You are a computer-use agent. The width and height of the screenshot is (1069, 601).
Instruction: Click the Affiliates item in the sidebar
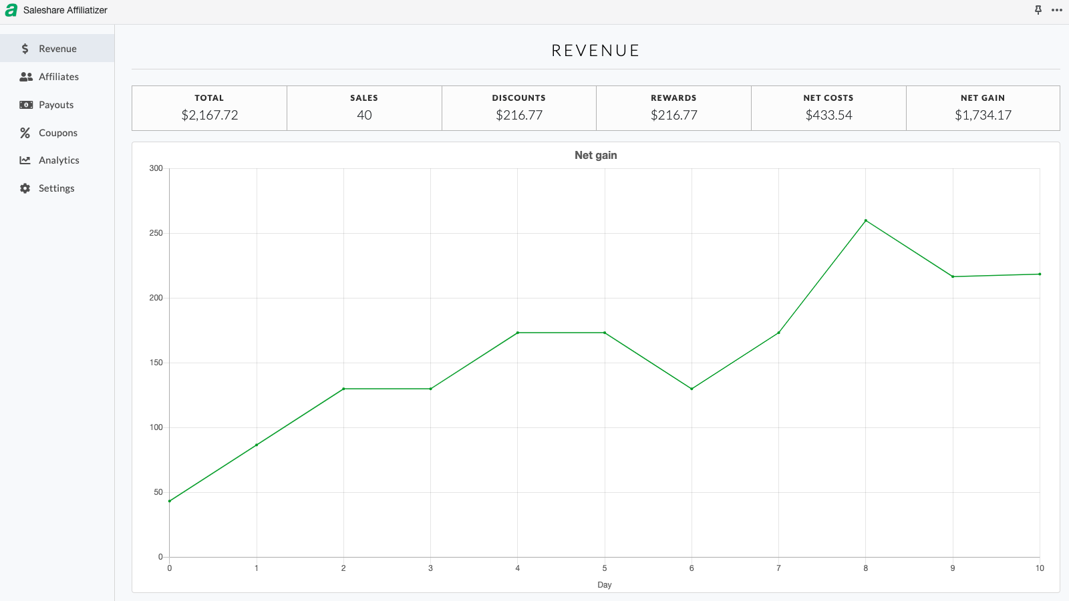58,77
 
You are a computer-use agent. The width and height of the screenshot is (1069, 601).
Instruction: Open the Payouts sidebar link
56,105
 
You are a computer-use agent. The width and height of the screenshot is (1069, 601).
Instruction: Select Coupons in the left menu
57,133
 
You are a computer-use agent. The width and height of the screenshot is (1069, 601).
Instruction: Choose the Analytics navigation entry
59,160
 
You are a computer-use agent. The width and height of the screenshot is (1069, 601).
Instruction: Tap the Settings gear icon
25,188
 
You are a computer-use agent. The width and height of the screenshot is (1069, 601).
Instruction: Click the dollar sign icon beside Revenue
25,49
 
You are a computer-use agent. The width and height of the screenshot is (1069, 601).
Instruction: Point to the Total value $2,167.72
210,115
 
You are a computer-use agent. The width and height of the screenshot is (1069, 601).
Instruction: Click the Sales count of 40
364,115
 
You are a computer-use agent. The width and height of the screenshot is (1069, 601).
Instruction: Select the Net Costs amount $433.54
828,115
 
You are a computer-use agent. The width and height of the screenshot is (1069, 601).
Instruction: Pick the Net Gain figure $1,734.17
983,115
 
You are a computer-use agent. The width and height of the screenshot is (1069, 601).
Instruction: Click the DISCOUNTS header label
518,97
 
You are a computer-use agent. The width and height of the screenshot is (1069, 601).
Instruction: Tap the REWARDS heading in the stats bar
673,97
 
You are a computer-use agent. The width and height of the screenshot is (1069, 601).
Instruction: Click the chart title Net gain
595,155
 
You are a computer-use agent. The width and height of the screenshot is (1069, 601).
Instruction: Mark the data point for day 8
866,220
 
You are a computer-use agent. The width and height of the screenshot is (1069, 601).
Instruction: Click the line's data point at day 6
692,389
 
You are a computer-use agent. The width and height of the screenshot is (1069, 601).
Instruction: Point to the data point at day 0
170,501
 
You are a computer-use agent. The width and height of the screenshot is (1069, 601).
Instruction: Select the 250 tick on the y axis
156,233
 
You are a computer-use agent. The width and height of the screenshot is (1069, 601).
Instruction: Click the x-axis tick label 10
1040,568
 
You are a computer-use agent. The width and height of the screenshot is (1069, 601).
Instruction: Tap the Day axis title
604,585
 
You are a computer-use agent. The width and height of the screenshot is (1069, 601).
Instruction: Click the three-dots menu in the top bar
1056,10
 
